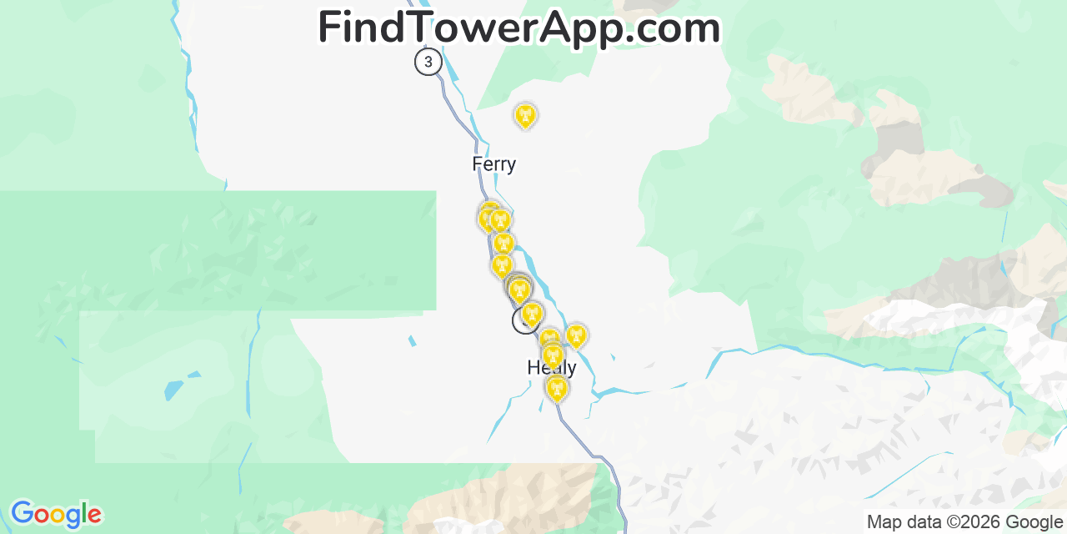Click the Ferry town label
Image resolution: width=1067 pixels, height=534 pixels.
coord(493,164)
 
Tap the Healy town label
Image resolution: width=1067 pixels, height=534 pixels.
coord(551,368)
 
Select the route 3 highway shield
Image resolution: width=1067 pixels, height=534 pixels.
coord(428,62)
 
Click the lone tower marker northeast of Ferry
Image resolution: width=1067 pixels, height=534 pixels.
coord(525,116)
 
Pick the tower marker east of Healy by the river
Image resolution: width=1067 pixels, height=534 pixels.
coord(575,336)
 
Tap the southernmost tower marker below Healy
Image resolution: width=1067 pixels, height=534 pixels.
coord(557,388)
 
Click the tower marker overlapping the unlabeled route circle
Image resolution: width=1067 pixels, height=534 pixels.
coord(532,314)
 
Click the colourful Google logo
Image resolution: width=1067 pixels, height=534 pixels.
coord(55,514)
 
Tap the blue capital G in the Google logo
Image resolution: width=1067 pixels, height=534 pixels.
coord(22,513)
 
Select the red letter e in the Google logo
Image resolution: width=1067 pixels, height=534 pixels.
coord(94,516)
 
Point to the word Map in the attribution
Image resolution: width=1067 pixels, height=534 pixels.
coord(884,522)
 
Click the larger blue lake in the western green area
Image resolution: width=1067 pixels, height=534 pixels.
coord(174,390)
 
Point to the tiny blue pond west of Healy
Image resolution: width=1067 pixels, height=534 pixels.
coord(412,340)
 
